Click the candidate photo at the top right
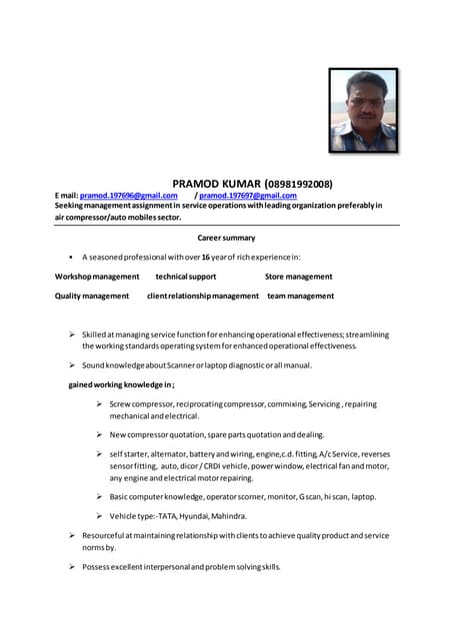[x=363, y=110]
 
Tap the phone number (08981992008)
[x=299, y=184]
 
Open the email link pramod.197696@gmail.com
[x=128, y=196]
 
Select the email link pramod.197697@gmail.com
[x=248, y=196]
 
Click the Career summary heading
[x=226, y=238]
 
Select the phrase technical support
[x=186, y=276]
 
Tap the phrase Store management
[x=299, y=276]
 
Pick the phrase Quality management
[x=92, y=296]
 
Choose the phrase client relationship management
[x=203, y=296]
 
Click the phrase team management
[x=301, y=296]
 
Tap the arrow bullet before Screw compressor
[x=100, y=403]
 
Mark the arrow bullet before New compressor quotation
[x=100, y=435]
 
